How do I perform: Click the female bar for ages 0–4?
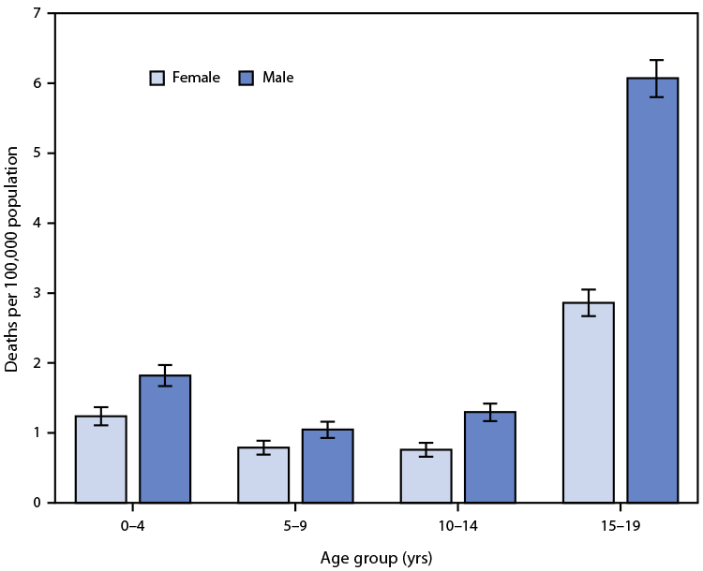[101, 460]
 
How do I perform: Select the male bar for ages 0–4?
[165, 439]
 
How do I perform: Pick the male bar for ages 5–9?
[327, 466]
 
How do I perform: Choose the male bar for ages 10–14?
[489, 457]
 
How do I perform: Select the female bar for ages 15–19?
[588, 403]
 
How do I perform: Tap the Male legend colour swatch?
[247, 78]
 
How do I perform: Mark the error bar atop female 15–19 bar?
[588, 302]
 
